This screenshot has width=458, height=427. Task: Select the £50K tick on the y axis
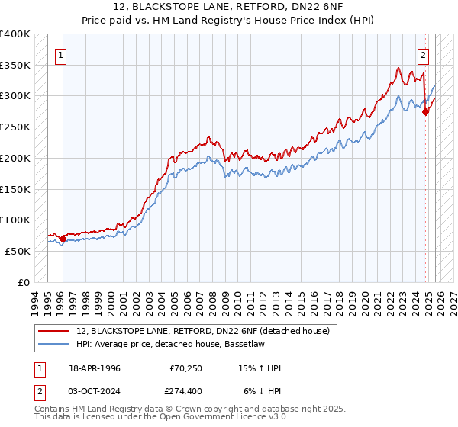coord(18,251)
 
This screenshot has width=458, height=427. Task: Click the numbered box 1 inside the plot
coord(60,54)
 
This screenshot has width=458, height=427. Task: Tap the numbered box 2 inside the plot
coord(423,54)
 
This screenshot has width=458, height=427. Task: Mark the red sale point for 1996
coord(63,239)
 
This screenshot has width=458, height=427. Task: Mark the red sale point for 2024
coord(426,112)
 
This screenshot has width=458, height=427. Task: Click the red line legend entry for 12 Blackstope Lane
coord(202,331)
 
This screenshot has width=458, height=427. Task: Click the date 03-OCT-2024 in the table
coord(92,390)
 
